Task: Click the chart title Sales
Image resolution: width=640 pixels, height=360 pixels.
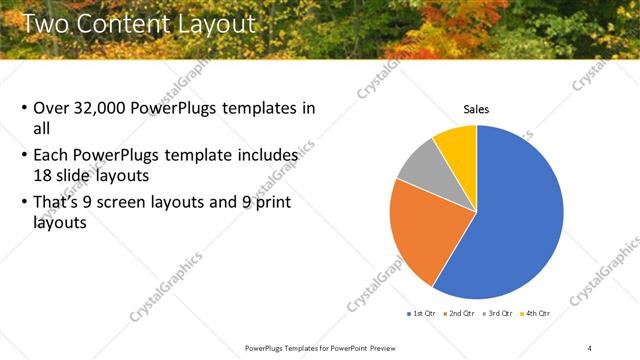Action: click(476, 109)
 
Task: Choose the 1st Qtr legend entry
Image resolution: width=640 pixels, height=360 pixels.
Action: click(424, 313)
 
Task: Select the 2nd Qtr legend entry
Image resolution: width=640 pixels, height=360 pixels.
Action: click(461, 313)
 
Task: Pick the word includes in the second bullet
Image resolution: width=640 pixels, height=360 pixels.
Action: click(268, 156)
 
